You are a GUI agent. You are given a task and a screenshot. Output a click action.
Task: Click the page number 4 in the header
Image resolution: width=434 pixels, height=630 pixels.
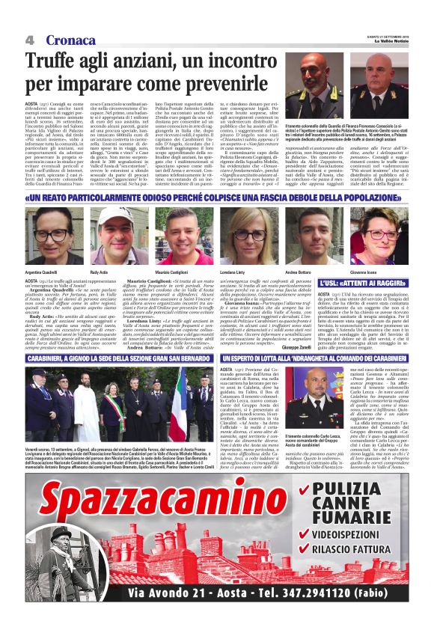point(30,40)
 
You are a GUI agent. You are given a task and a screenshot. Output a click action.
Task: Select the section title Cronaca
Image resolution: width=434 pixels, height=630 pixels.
point(70,40)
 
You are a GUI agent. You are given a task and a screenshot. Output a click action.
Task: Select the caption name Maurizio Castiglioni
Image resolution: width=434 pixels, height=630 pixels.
point(178,270)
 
